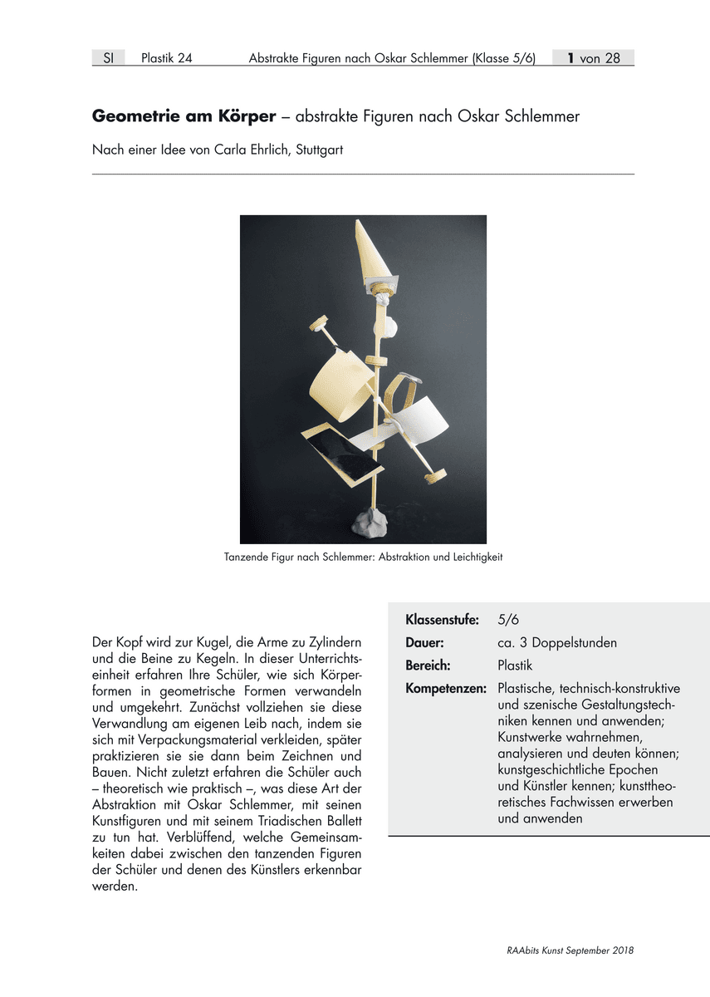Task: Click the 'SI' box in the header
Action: point(108,58)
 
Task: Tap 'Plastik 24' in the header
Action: point(167,58)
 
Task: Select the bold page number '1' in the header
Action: point(571,58)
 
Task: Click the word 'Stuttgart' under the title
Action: point(319,150)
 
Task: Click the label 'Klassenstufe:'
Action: point(442,620)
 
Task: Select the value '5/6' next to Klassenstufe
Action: point(509,620)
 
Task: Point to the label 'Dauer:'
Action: point(424,643)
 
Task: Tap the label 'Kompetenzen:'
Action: point(445,689)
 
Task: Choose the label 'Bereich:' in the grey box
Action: point(428,665)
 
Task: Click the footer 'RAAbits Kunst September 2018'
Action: point(570,950)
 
